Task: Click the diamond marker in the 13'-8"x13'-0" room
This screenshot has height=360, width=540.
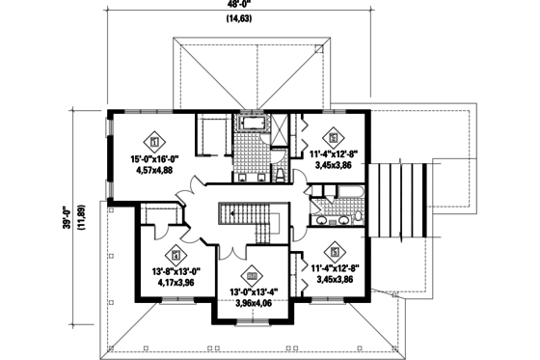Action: click(175, 256)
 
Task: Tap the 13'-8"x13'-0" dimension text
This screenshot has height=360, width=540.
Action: click(175, 272)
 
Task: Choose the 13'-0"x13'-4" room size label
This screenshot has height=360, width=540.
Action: click(252, 291)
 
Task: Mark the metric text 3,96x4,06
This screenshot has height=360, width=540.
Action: click(252, 304)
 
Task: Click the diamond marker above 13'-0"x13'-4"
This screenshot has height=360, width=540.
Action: click(252, 274)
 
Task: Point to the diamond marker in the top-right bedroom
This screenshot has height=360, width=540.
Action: click(334, 134)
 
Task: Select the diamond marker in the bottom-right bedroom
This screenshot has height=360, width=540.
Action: click(334, 247)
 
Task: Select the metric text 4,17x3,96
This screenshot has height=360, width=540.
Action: click(175, 285)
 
